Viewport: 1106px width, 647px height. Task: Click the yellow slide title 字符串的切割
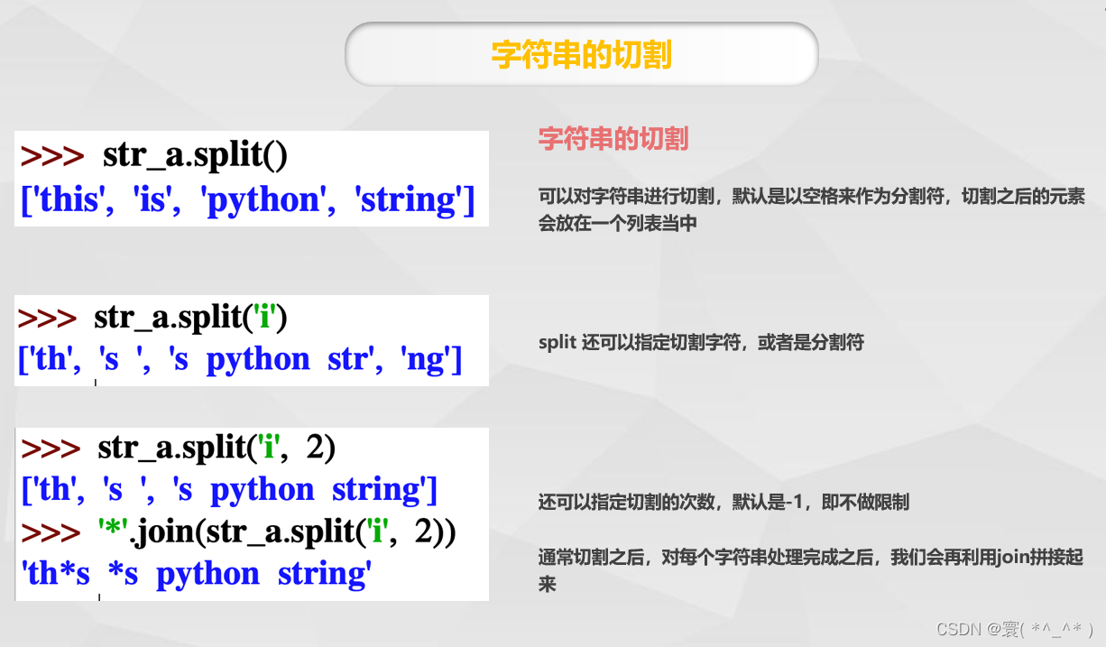coord(581,54)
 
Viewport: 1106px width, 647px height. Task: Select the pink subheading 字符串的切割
coord(613,139)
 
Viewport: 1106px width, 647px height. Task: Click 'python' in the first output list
coord(263,199)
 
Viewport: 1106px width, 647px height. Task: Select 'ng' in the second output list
coord(427,359)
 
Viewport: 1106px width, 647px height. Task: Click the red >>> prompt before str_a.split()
coord(51,156)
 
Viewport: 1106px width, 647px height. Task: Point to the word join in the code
coord(168,532)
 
